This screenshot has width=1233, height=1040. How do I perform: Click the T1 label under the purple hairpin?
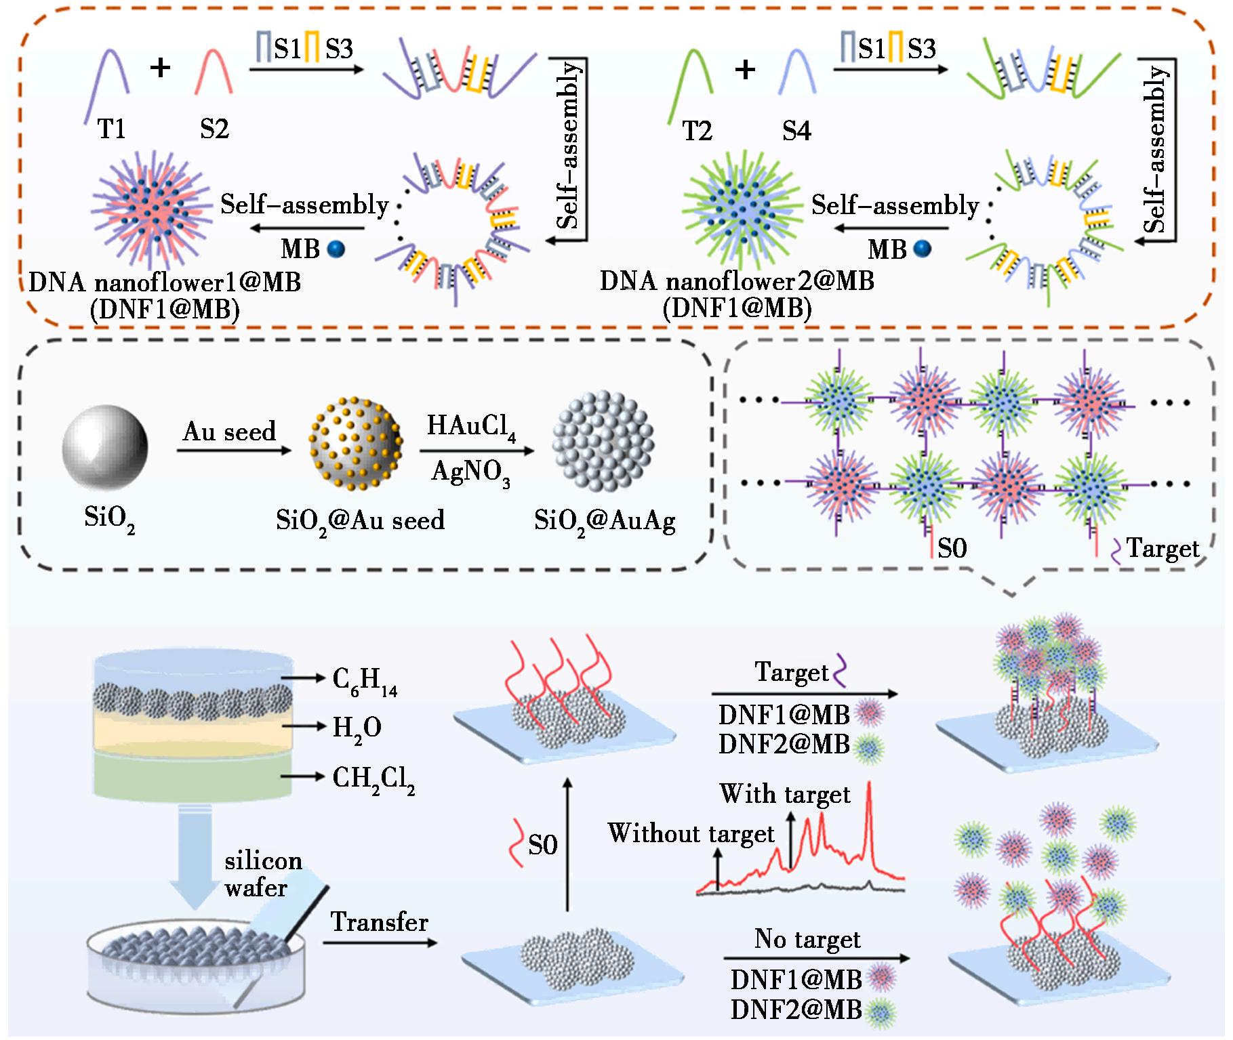coord(112,128)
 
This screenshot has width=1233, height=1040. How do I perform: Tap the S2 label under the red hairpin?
coord(214,128)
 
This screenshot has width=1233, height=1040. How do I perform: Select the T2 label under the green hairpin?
coord(698,130)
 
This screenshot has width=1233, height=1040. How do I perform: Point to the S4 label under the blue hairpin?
coord(796,130)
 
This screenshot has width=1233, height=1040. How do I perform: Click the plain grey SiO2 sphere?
coord(105,447)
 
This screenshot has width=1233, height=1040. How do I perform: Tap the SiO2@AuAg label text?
coord(605,522)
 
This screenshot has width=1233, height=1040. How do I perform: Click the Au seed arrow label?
coord(230,431)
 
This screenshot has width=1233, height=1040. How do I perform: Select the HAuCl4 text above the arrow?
coord(472,427)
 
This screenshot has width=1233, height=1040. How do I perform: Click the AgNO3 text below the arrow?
coord(470,472)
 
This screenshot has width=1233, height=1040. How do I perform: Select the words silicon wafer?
coord(263,874)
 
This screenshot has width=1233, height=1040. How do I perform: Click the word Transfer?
coord(380,922)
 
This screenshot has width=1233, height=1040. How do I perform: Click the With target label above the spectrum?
coord(785,795)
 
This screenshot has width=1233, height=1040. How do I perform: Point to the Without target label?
coord(691,834)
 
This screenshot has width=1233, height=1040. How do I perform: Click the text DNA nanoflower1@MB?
coord(165,281)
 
